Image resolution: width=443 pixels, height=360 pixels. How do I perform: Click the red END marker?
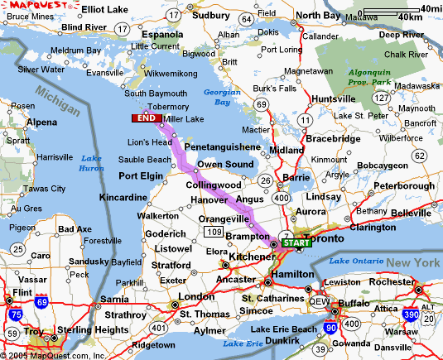(146, 119)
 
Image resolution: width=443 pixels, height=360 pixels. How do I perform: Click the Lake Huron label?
(90, 163)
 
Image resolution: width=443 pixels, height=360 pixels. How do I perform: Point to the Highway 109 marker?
(214, 231)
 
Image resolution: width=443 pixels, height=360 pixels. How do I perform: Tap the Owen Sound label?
(224, 165)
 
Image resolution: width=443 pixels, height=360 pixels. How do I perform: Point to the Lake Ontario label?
(357, 262)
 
